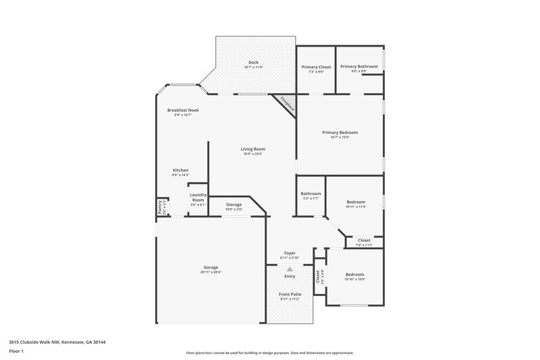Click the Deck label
tap(253, 63)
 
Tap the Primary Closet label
tap(316, 66)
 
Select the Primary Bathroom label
tap(358, 66)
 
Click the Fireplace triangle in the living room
tap(287, 105)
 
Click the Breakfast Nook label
tap(183, 110)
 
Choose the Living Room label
tap(253, 149)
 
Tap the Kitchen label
tap(180, 170)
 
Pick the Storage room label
tap(234, 205)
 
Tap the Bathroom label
tap(310, 194)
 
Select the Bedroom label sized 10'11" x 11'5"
tap(356, 202)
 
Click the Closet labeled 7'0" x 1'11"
tap(364, 240)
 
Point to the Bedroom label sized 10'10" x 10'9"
tap(355, 274)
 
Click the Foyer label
tap(290, 253)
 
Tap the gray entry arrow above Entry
tap(290, 269)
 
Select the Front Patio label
tap(290, 294)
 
